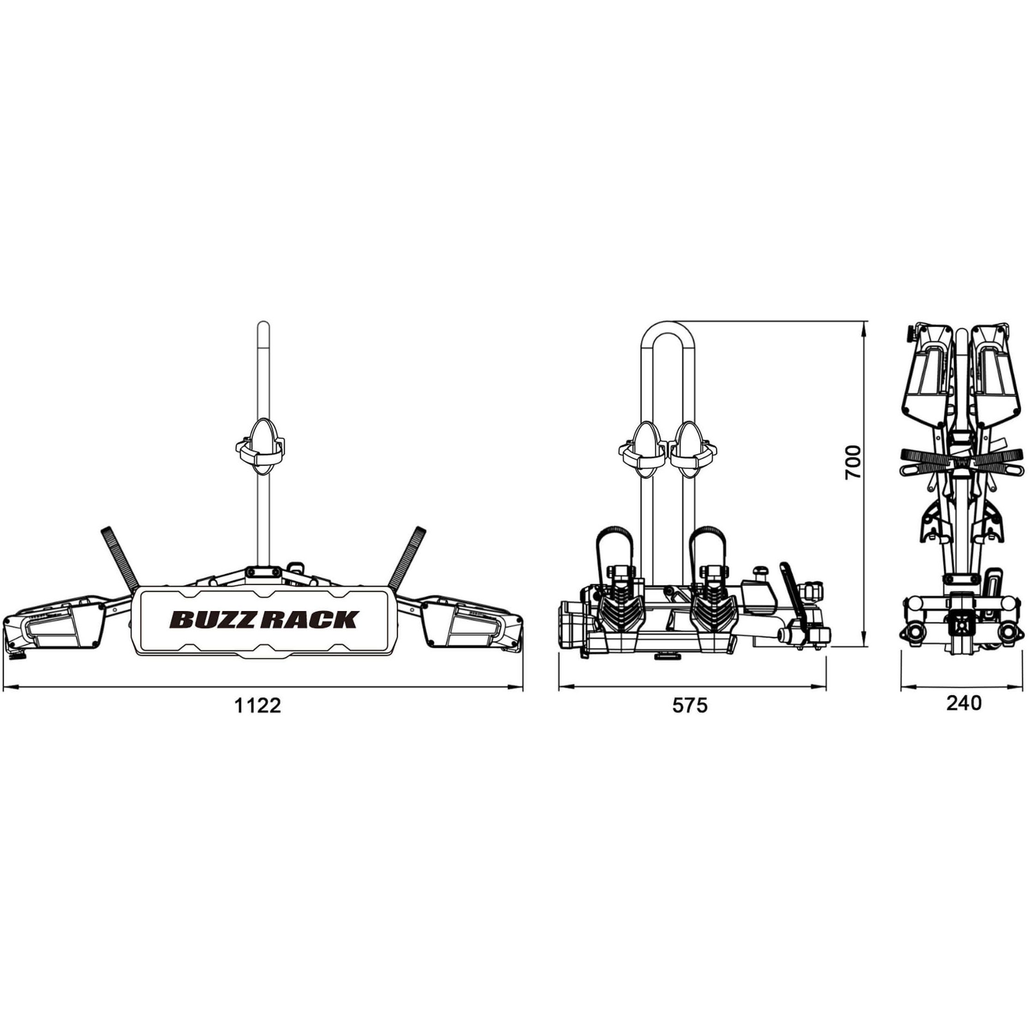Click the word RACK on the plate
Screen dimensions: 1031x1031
coord(310,619)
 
